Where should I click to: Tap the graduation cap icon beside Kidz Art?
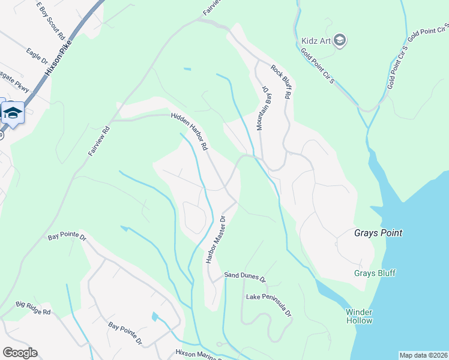click(340, 40)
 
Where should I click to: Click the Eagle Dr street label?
click(37, 56)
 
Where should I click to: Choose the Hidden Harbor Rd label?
click(188, 131)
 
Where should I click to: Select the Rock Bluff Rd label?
click(281, 82)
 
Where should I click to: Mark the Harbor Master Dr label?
click(215, 240)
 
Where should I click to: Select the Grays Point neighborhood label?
click(378, 233)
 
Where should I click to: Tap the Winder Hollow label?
click(360, 316)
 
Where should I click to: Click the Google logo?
click(20, 353)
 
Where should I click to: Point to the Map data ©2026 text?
click(423, 355)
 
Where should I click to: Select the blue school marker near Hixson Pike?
click(12, 113)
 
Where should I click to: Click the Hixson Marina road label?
click(195, 353)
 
